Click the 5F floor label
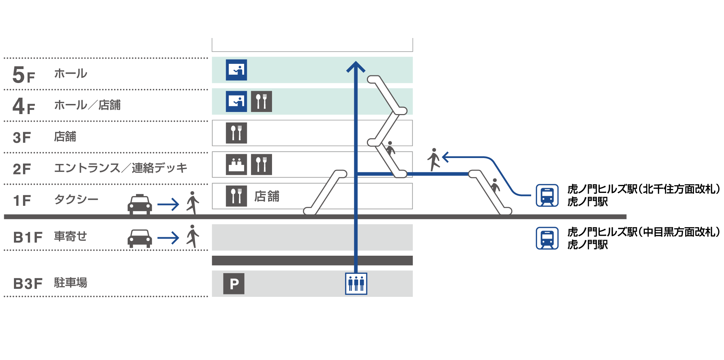point(23,75)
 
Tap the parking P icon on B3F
point(234,284)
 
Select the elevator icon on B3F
point(356,284)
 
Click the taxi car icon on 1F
point(139,204)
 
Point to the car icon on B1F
point(139,238)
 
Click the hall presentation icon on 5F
point(236,70)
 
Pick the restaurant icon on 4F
point(261,102)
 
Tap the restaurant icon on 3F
point(236,133)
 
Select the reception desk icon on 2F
point(236,164)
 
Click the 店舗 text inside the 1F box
point(267,196)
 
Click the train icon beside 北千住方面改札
point(547,195)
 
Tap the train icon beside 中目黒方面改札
point(547,238)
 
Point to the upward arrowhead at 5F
point(356,66)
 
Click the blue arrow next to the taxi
point(168,204)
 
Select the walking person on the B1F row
point(192,236)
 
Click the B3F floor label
point(28,284)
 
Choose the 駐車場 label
point(70,283)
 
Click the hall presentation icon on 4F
point(236,102)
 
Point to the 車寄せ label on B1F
point(70,237)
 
